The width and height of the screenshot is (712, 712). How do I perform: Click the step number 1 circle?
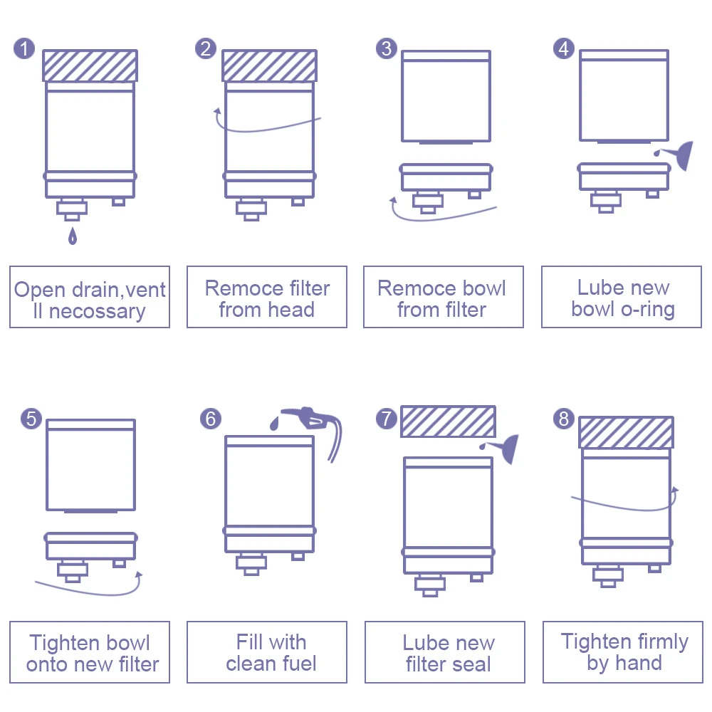[x=24, y=48]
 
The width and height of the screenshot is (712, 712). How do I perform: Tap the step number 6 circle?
[x=210, y=418]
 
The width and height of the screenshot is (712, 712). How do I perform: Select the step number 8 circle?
[x=564, y=418]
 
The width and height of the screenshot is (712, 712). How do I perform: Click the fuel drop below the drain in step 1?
[x=72, y=236]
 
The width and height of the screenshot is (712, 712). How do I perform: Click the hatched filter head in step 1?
[x=90, y=66]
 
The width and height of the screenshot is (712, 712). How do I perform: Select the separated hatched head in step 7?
[x=448, y=422]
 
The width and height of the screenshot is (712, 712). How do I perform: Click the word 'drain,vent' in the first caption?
[x=120, y=290]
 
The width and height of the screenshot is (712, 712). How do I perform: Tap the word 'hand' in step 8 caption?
[x=639, y=664]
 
